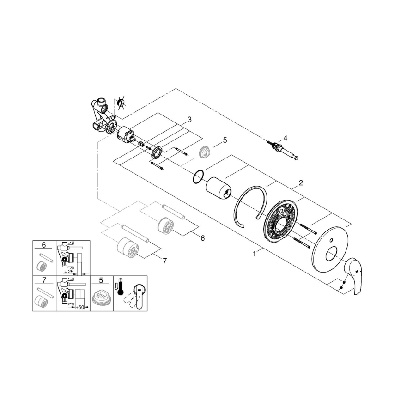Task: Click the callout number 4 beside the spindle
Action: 285,138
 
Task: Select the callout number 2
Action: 300,183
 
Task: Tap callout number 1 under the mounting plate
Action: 253,253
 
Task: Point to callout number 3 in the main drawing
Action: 189,120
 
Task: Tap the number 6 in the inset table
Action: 44,245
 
